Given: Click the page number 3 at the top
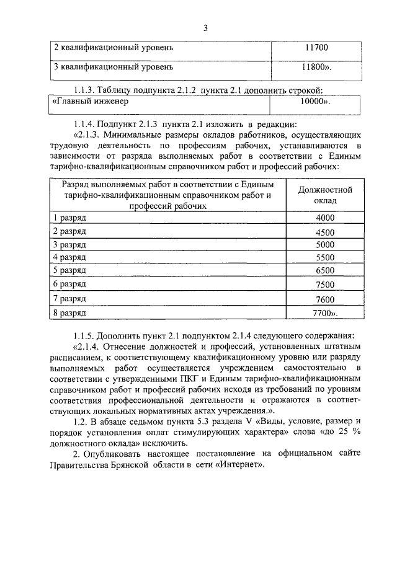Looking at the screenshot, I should click(x=204, y=27).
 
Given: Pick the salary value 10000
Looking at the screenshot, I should click(x=315, y=102).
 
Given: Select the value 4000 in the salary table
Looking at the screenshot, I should click(x=324, y=218).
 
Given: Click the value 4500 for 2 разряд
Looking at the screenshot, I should click(x=324, y=232).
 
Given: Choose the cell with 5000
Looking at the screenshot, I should click(x=324, y=244).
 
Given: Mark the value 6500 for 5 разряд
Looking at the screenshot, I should click(x=324, y=270).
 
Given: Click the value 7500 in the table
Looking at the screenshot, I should click(x=324, y=285).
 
